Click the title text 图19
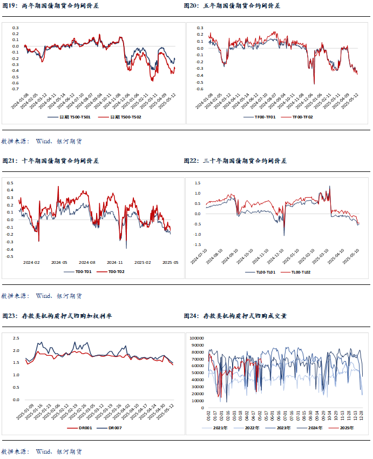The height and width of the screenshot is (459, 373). pos(10,5)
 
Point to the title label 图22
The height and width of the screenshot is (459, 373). pos(192,161)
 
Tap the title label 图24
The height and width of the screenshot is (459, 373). pos(192,316)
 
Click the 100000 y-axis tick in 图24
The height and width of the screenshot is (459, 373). pos(196,337)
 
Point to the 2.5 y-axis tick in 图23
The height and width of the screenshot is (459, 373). pos(16,338)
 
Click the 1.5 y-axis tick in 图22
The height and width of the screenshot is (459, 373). pos(197,183)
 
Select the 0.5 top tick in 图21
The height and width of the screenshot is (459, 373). pos(9,183)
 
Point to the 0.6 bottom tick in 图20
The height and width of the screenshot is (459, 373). pos(200,89)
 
